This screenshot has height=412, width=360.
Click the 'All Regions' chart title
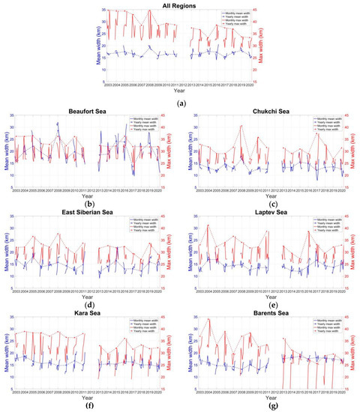180,5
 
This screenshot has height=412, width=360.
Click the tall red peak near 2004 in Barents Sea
208,320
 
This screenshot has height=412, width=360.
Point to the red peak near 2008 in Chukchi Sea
241,126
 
